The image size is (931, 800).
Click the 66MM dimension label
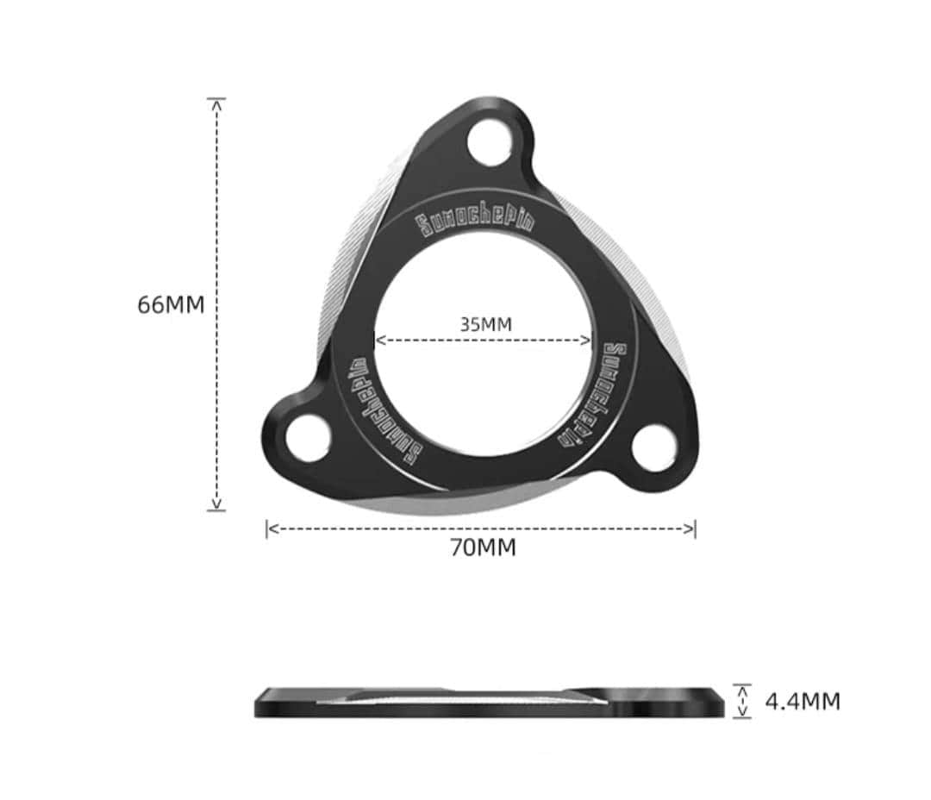(171, 305)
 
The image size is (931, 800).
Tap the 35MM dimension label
(485, 324)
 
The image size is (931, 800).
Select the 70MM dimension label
(483, 547)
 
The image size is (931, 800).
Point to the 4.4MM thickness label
(802, 702)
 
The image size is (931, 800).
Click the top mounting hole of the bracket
(490, 140)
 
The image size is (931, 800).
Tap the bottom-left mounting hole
(307, 438)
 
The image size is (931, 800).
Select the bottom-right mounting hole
(653, 448)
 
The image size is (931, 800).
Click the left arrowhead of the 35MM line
(379, 340)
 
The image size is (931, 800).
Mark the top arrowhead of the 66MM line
(216, 103)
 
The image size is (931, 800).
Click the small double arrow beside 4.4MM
(742, 701)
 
